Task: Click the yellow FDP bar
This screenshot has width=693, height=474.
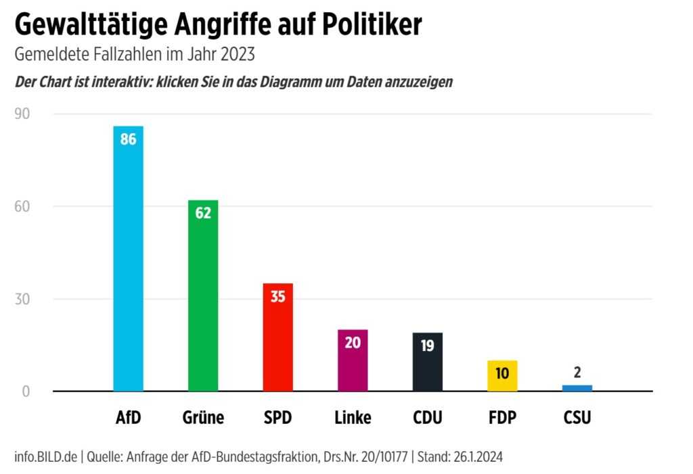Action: [502, 376]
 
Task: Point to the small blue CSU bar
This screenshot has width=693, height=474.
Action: [577, 388]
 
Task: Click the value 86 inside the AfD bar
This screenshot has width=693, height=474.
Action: [128, 140]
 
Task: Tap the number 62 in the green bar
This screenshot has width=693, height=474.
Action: [203, 213]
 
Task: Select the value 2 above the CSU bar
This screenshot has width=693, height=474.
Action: [577, 372]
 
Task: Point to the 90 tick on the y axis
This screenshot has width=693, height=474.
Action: [22, 114]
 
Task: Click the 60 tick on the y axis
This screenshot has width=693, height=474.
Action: [22, 206]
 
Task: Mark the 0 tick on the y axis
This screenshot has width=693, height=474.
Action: [26, 392]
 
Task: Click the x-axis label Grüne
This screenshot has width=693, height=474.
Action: [203, 418]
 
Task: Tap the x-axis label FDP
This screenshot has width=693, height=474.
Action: [502, 418]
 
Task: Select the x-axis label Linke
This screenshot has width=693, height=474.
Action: [353, 418]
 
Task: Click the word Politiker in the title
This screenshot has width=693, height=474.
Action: [370, 26]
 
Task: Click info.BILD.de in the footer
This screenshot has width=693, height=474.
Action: [46, 456]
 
